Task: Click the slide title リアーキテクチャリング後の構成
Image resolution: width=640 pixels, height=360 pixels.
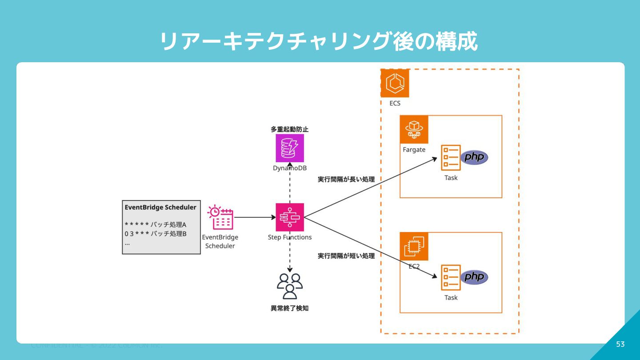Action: coord(319,42)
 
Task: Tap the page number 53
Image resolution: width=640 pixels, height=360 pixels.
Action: coord(620,344)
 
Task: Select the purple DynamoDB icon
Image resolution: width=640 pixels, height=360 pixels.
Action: coord(290,148)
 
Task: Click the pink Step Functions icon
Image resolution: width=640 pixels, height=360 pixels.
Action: coord(290,217)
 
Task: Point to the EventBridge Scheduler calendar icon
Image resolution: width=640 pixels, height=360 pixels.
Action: coord(220,217)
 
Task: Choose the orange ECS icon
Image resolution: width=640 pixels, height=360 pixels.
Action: coord(395,83)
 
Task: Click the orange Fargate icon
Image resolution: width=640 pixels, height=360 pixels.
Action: coord(414,130)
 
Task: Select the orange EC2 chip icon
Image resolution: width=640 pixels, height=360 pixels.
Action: coord(414,246)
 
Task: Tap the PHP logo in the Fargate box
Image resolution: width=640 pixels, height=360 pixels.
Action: coord(474,158)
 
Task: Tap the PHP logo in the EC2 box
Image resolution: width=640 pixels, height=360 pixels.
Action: coord(474,277)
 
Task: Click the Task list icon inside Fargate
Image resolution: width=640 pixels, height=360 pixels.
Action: coord(451,158)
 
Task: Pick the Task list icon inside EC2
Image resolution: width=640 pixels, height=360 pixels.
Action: coord(451,277)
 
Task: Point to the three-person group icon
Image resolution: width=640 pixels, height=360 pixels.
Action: coord(290,286)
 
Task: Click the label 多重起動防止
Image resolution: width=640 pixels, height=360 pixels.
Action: coord(290,129)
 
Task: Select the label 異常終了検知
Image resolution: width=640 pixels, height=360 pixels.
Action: coord(290,308)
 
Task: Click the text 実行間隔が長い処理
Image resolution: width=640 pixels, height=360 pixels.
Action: coord(346,180)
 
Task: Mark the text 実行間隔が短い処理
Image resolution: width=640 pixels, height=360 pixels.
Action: coord(346,256)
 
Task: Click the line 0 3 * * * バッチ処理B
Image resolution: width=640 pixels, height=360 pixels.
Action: coord(156,234)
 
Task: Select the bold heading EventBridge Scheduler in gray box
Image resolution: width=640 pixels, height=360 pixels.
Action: coord(160,208)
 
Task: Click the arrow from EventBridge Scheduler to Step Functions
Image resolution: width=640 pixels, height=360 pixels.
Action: coord(255,217)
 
